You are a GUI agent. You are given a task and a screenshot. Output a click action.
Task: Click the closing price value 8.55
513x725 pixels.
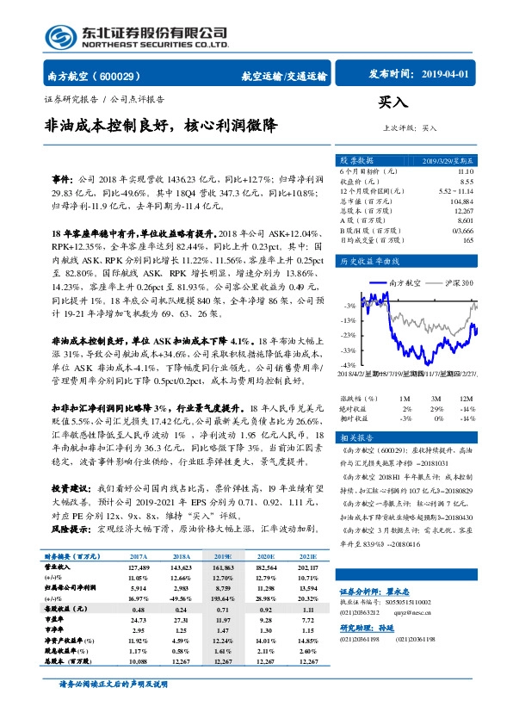click(466, 182)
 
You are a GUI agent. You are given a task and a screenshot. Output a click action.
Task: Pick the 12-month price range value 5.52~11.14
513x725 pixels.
click(456, 191)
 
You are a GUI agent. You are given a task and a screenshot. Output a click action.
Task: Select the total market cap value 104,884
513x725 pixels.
click(461, 201)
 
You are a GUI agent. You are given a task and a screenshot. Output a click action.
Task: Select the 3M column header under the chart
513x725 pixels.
click(438, 399)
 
